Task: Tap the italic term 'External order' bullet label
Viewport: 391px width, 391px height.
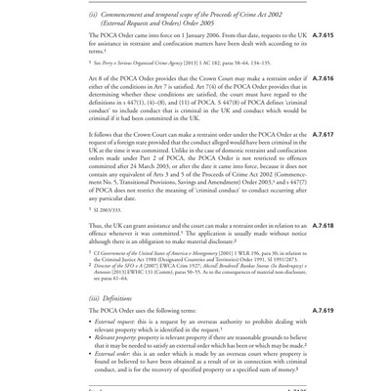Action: tap(114, 354)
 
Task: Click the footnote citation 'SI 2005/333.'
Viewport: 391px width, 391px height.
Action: tap(108, 209)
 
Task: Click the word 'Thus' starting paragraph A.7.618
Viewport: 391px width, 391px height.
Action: tap(96, 226)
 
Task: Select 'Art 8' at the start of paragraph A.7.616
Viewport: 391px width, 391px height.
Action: tap(97, 79)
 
